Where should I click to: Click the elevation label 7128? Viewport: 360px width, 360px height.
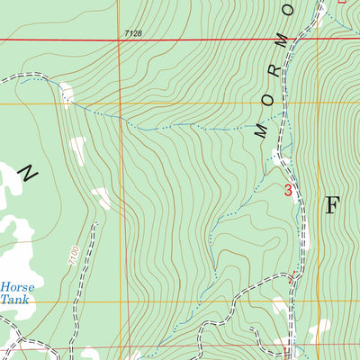[133, 33]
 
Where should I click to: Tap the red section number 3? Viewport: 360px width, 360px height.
[288, 190]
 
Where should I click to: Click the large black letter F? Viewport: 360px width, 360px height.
[331, 205]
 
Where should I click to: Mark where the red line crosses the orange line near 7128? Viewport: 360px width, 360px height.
[118, 40]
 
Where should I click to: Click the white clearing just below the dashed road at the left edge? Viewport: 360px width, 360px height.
[65, 93]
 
